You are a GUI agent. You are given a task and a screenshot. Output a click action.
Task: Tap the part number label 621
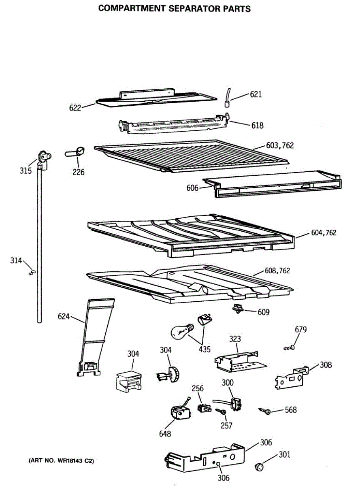click(x=256, y=95)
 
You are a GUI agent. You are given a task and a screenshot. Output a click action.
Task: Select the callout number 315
click(x=26, y=171)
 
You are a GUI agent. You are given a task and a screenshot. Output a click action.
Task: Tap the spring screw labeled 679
click(x=290, y=347)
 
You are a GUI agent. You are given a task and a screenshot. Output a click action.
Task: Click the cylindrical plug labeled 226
click(x=76, y=152)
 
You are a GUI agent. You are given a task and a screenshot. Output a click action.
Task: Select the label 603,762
click(x=280, y=146)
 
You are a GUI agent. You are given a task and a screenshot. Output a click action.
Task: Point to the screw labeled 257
click(x=221, y=412)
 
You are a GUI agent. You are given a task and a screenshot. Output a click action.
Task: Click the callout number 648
click(x=165, y=434)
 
